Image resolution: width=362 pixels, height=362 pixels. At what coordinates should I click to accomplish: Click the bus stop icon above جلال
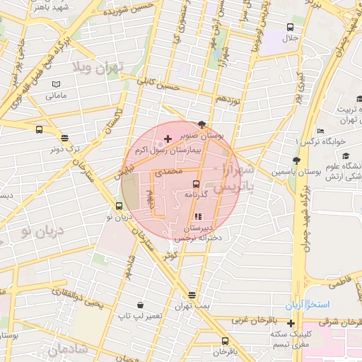290,27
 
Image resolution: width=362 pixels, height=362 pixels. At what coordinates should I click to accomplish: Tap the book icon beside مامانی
56,84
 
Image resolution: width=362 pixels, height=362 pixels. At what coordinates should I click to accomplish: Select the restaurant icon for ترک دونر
65,139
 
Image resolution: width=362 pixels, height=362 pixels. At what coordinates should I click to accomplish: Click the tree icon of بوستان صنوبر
204,123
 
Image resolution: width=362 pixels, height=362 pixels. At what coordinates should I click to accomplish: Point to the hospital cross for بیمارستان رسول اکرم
167,138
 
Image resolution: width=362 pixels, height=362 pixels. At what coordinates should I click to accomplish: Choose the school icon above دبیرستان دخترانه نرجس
197,217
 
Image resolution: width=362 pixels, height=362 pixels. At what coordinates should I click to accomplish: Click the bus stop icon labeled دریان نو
118,206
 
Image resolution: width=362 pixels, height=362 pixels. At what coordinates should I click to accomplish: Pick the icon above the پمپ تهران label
192,295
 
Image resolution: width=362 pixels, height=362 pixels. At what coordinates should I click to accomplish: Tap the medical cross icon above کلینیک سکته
291,322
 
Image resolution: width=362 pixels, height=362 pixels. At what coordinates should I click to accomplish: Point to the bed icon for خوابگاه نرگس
320,131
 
